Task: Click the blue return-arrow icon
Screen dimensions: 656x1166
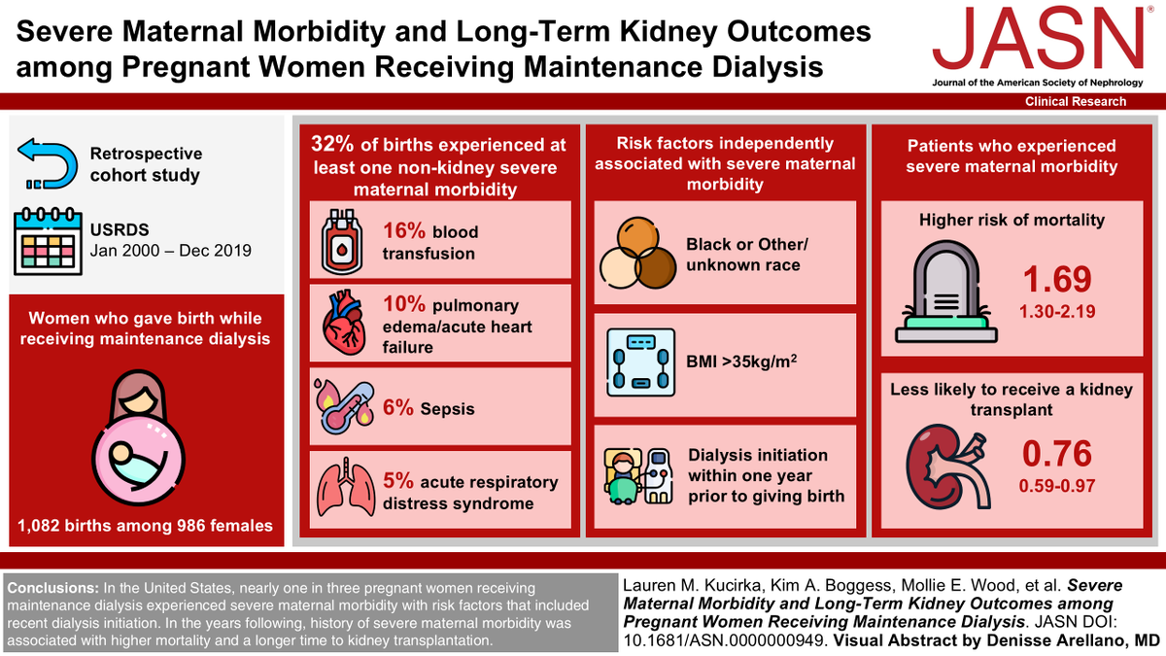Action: (x=46, y=164)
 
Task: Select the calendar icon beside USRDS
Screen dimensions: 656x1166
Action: (x=46, y=240)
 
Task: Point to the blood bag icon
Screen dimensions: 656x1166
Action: (x=344, y=242)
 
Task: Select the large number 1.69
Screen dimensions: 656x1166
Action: (x=1057, y=280)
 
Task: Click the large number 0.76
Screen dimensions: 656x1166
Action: (x=1057, y=454)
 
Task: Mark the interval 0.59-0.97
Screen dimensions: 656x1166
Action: (x=1057, y=484)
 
